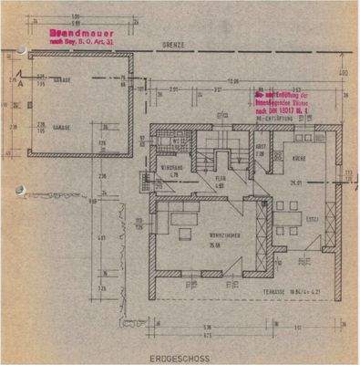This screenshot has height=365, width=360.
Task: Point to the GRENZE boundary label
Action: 174,45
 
